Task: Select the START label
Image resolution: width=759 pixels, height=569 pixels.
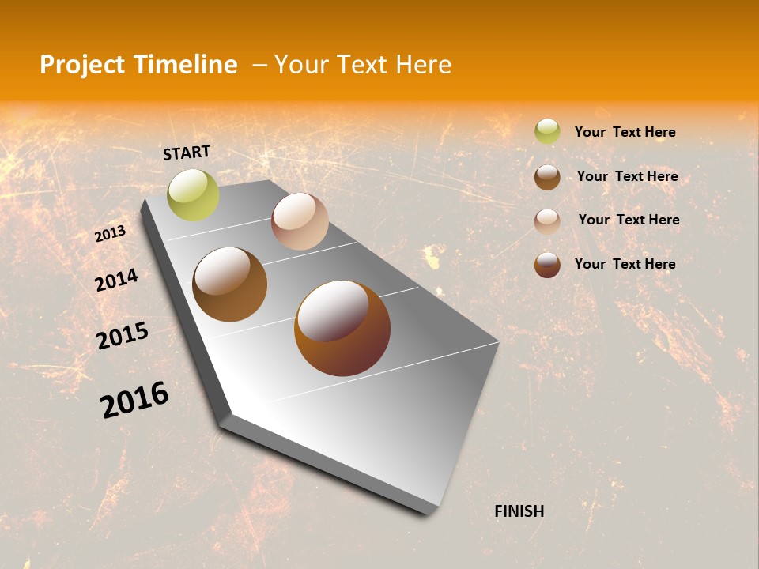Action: (187, 152)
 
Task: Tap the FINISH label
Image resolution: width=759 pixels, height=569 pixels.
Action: (519, 511)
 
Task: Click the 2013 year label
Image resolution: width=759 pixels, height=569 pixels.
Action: (110, 234)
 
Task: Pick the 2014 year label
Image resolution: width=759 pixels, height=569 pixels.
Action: (116, 280)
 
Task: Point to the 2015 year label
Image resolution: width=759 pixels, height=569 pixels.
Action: (122, 337)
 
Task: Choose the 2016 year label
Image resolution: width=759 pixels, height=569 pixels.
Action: (134, 399)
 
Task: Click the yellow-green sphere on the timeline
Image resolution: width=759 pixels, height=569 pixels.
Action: (193, 194)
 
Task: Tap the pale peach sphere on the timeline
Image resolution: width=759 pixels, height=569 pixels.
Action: (300, 221)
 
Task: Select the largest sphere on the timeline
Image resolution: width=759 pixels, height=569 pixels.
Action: (342, 328)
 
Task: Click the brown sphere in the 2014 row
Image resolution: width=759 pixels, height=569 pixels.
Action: (229, 284)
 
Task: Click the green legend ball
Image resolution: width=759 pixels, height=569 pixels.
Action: (547, 131)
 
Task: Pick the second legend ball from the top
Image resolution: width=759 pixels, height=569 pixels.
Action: (547, 177)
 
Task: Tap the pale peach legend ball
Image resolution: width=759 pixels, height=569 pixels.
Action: (547, 220)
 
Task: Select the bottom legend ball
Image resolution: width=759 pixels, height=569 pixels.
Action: (547, 265)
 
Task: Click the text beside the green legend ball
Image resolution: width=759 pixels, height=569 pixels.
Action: (625, 132)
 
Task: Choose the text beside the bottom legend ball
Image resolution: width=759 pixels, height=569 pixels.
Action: (625, 264)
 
